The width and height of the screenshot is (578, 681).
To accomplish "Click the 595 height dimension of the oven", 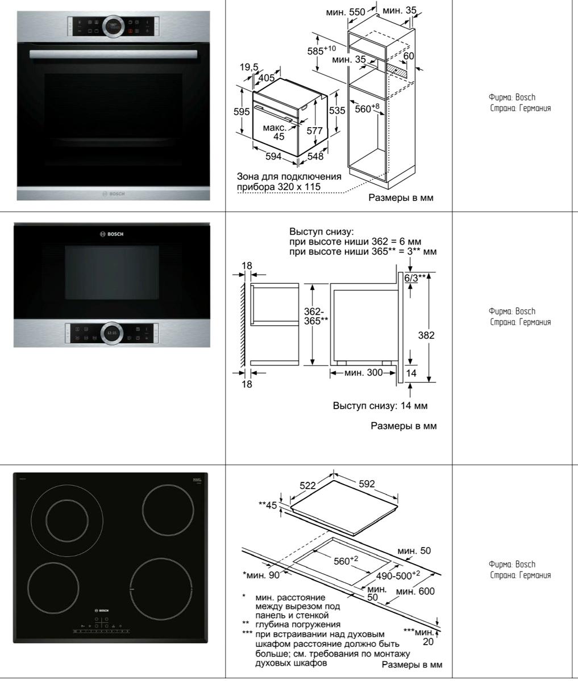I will coord(242,112).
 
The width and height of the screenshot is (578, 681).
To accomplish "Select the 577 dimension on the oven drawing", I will coord(314,131).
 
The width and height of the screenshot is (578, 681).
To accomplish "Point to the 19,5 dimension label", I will coord(248,68).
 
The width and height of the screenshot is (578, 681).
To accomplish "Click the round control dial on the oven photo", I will coord(113,26).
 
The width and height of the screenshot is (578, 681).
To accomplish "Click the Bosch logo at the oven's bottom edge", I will coord(113,194).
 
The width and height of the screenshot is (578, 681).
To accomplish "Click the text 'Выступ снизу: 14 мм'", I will coord(380,406).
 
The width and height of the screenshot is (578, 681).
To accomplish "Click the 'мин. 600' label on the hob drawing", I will coord(415,592).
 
